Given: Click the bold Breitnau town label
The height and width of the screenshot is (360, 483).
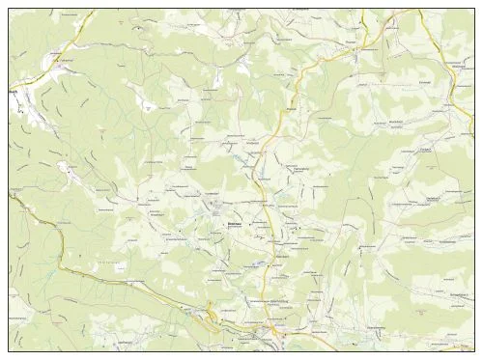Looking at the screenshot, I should tap(232, 223).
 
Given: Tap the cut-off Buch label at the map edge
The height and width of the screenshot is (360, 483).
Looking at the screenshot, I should tap(14, 92).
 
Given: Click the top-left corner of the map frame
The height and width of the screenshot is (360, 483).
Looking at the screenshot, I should tap(9, 9).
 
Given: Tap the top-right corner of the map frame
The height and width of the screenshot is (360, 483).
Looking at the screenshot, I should tap(474, 9).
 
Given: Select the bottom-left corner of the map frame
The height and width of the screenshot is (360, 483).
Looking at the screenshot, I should tap(9, 350).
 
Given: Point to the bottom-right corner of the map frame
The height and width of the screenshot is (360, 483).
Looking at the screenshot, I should tap(474, 350).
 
